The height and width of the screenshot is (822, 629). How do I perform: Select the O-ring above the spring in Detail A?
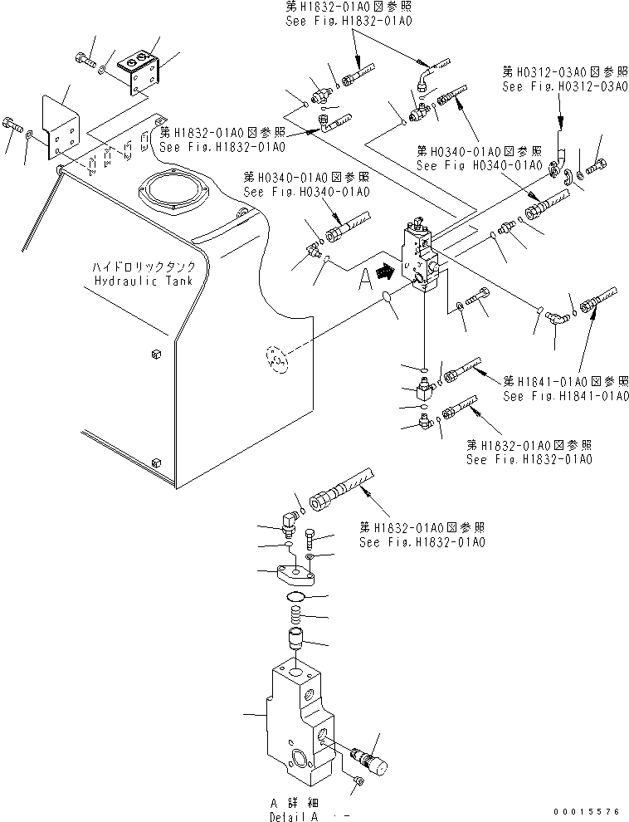tap(297, 598)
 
